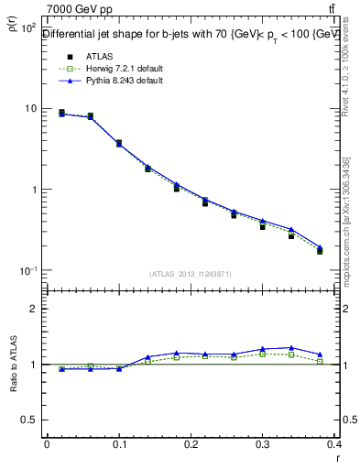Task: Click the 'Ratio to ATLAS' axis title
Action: pos(13,364)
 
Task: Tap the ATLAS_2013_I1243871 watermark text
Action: pos(191,274)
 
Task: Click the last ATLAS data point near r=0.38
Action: pos(320,250)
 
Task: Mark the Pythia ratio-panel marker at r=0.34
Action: pos(291,348)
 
